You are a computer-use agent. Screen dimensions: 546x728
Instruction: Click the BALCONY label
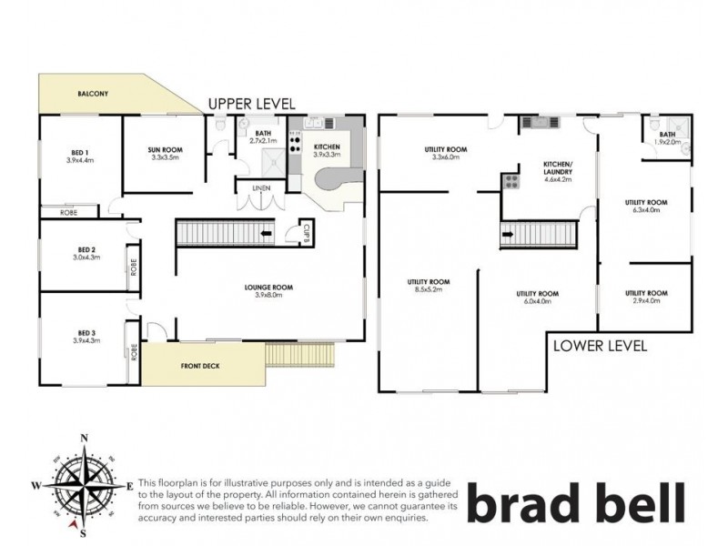coord(94,93)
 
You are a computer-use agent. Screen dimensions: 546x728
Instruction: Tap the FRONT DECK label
coord(201,366)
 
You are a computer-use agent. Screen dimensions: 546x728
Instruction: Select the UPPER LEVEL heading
coord(251,104)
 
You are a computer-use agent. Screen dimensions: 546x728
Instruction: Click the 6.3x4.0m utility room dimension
coord(646,210)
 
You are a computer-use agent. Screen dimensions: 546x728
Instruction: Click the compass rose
coord(85,483)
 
